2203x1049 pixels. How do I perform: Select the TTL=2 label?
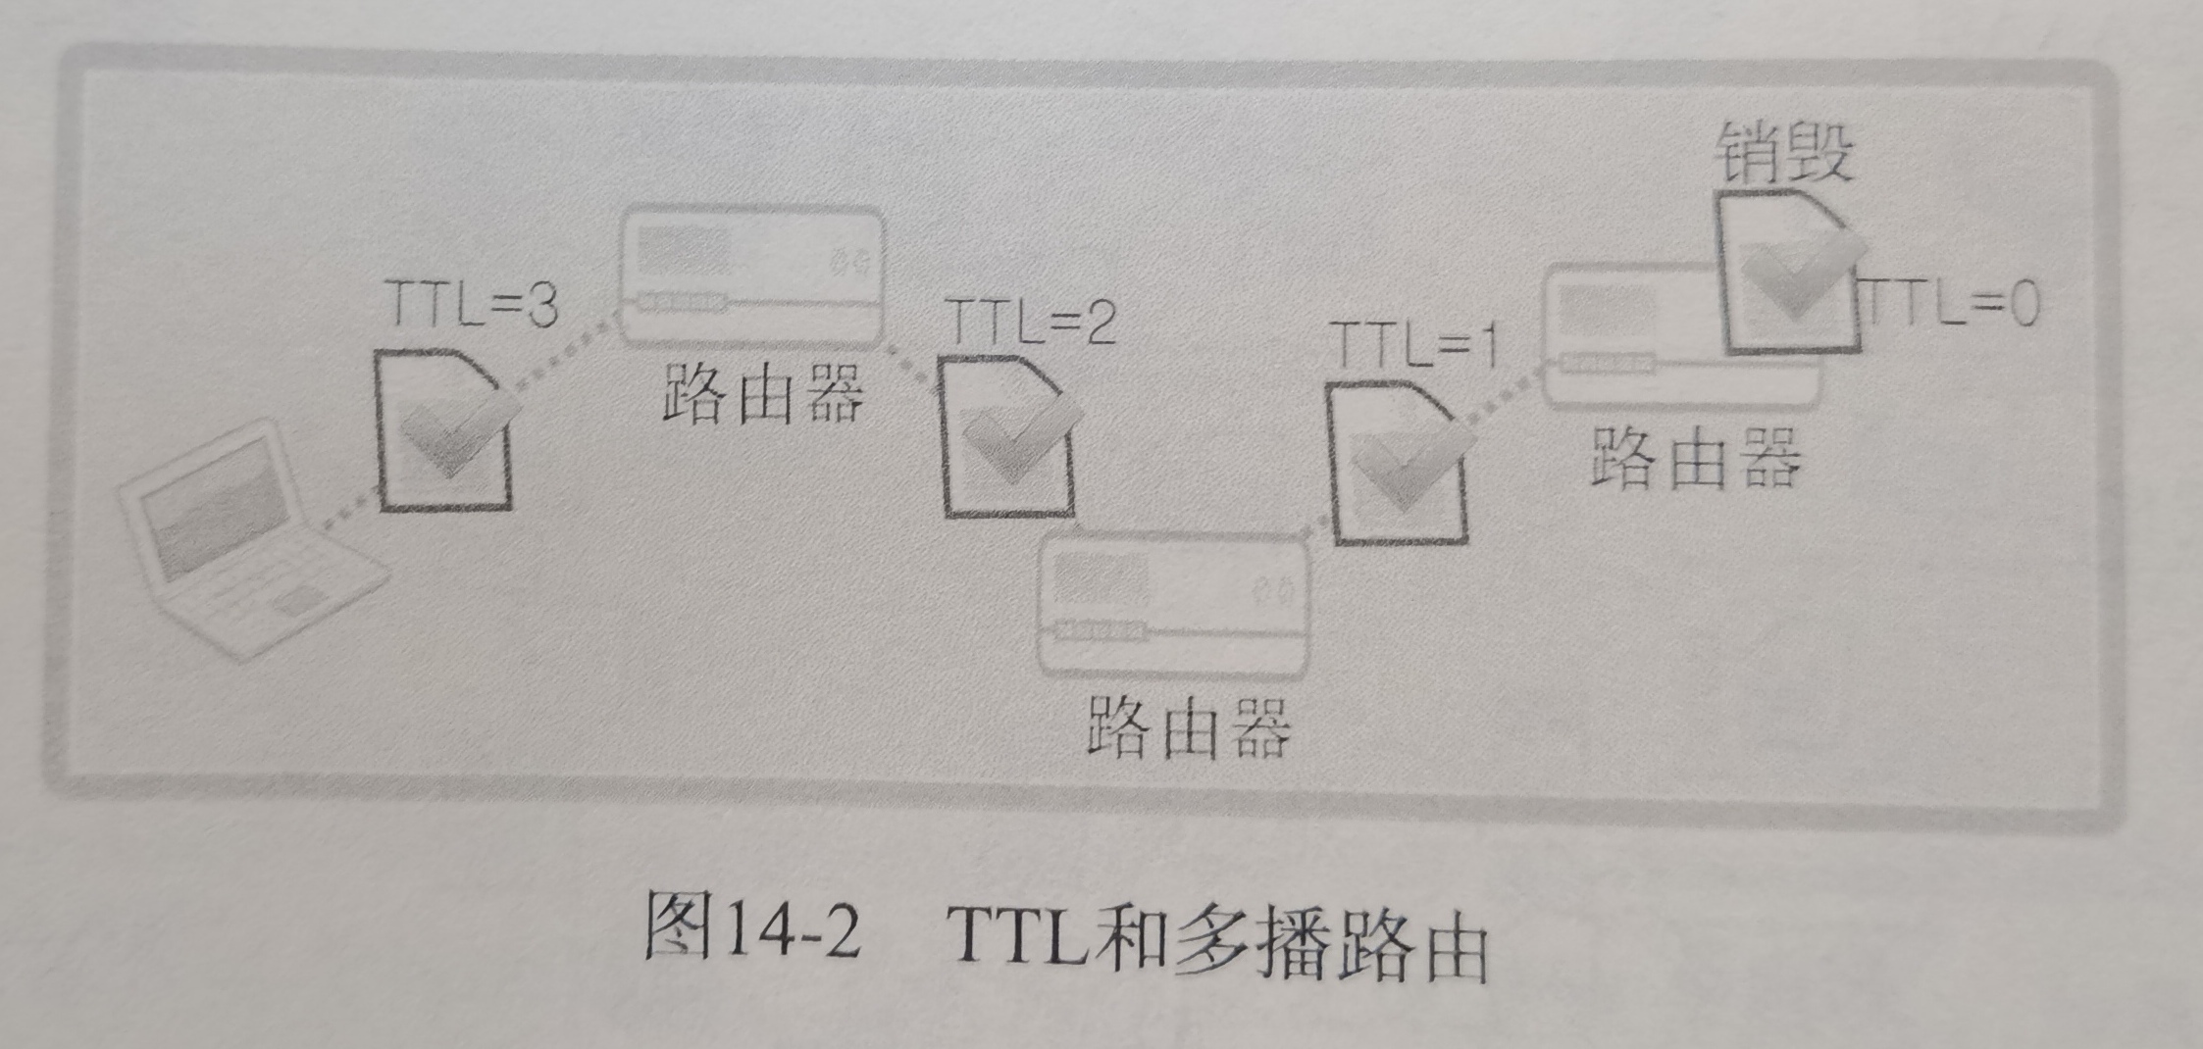[x=1031, y=321]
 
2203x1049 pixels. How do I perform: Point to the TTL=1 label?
[x=1413, y=344]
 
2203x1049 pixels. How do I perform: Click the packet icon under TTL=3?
[x=447, y=431]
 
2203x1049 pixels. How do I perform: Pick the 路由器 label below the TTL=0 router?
[x=1696, y=459]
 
